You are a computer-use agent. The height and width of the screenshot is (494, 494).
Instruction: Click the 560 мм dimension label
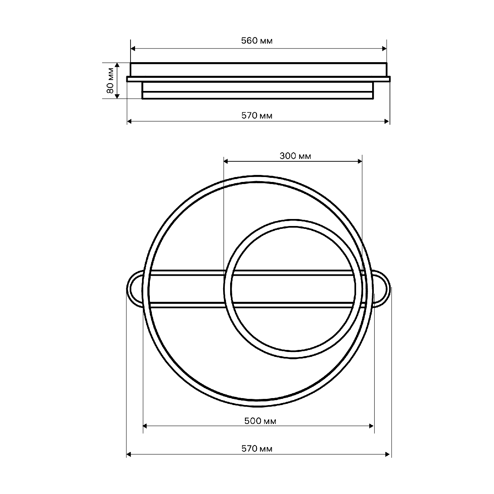coord(256,41)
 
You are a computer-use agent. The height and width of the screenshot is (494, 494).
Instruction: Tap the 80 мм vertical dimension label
coord(110,81)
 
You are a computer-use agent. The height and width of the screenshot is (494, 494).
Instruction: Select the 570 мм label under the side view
coord(256,116)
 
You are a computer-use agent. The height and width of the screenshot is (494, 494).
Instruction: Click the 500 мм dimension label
coord(259,421)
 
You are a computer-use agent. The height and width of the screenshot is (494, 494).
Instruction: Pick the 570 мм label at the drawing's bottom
coord(256,448)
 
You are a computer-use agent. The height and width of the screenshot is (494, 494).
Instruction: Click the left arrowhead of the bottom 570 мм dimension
coord(129,454)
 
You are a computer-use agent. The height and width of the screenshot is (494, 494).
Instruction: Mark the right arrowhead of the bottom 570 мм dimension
coord(388,454)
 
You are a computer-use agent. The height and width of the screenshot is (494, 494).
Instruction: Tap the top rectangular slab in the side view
coord(259,69)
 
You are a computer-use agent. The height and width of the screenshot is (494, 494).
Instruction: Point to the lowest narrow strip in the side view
coord(258,95)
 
